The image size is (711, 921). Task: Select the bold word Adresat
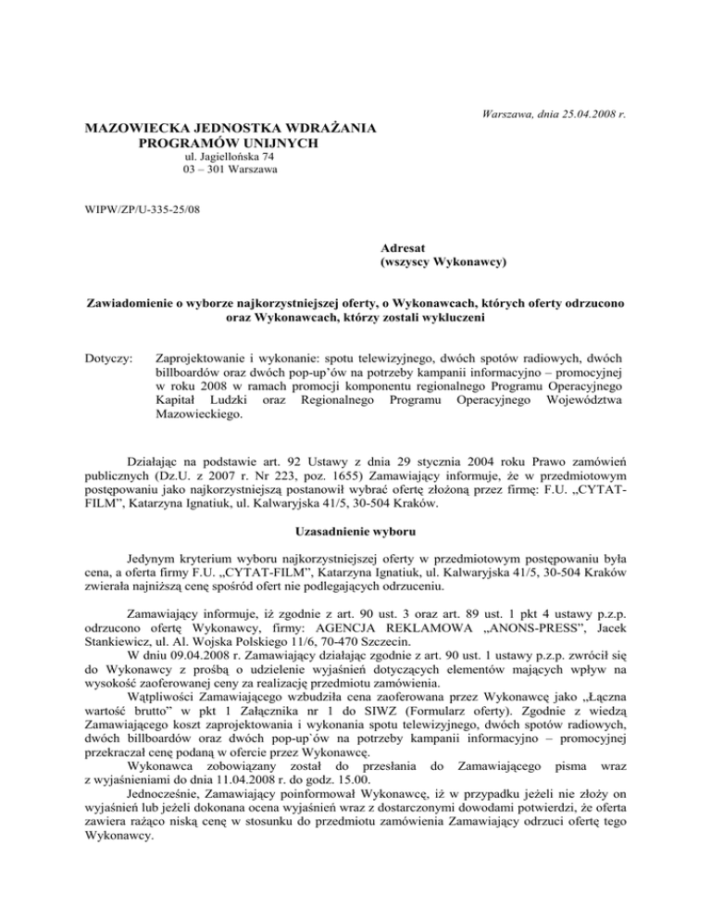(x=405, y=249)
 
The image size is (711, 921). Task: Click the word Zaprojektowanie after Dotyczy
(x=206, y=358)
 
